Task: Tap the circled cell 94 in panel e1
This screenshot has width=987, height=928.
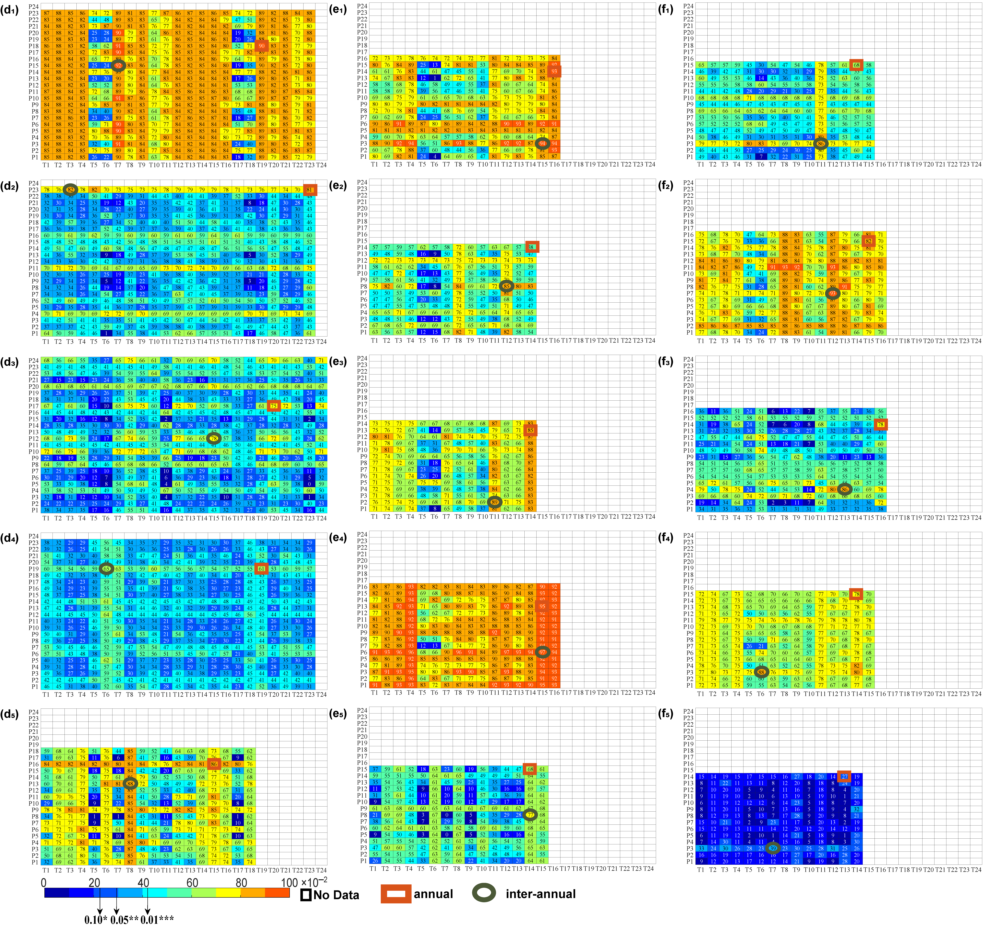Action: click(x=542, y=144)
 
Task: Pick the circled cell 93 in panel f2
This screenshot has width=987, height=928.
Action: click(x=833, y=293)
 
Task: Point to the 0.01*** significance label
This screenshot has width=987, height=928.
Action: click(x=157, y=920)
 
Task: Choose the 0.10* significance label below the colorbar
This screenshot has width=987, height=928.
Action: click(x=96, y=920)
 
